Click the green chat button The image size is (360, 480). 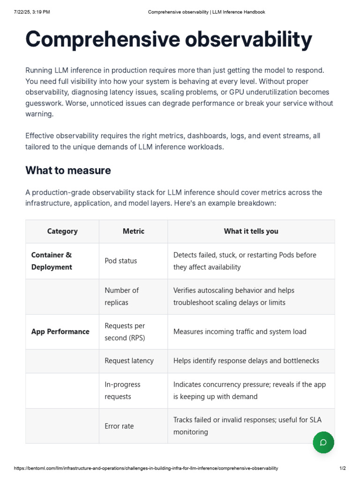click(323, 442)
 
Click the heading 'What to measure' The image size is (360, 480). click(68, 170)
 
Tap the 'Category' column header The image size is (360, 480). click(62, 231)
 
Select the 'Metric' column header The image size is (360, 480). click(134, 231)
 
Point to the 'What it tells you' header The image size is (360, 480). click(251, 231)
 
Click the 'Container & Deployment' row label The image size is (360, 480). click(52, 261)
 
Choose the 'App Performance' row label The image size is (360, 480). click(60, 331)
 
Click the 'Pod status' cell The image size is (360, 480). click(121, 261)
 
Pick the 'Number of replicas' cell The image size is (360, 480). click(122, 296)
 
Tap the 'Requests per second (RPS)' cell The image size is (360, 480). click(125, 331)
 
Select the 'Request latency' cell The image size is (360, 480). click(129, 360)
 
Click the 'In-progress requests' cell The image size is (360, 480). click(122, 390)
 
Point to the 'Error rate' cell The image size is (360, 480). click(119, 426)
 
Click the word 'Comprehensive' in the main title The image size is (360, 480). click(103, 39)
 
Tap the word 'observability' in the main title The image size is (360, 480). click(248, 39)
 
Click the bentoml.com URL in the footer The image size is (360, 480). click(146, 468)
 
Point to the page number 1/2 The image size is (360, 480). click(343, 468)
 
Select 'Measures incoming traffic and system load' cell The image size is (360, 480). click(240, 331)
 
